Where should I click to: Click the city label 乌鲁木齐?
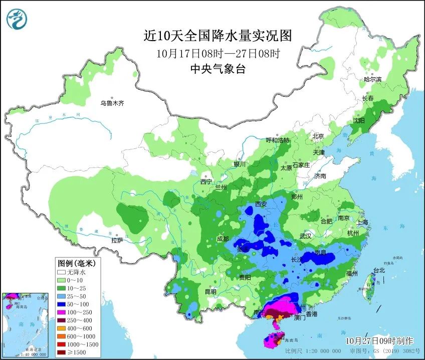(111, 103)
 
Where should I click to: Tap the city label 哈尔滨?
(372, 79)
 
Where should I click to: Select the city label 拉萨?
(117, 240)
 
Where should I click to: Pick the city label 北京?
(318, 136)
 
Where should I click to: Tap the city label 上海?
(362, 222)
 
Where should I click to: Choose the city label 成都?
(223, 239)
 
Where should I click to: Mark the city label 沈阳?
(358, 120)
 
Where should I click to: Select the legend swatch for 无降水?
(62, 272)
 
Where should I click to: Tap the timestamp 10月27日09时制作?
(380, 340)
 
